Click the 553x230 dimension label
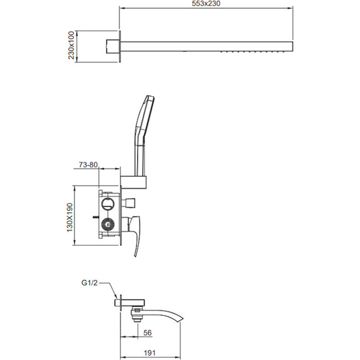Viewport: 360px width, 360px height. click(x=206, y=3)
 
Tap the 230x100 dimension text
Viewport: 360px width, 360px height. click(x=71, y=45)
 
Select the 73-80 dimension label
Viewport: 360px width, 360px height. click(x=88, y=165)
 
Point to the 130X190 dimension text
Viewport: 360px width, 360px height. click(x=70, y=218)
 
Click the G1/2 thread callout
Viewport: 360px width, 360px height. click(x=90, y=283)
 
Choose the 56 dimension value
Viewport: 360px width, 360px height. click(x=147, y=333)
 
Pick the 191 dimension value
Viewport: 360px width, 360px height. click(x=150, y=352)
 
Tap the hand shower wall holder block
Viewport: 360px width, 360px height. click(x=134, y=183)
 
